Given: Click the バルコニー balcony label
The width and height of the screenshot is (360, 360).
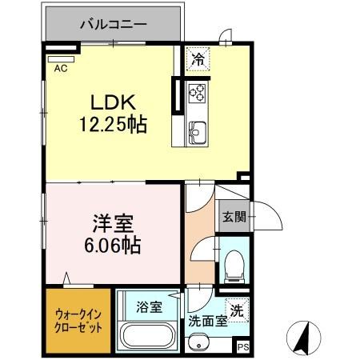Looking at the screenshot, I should tap(113, 25).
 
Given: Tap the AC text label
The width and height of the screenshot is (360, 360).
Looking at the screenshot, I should tap(61, 70).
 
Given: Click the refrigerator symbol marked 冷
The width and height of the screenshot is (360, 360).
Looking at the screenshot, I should tap(198, 58).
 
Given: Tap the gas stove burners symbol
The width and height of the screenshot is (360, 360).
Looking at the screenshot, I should tap(197, 94).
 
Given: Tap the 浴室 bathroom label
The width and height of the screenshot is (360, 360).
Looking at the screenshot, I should tap(149, 306).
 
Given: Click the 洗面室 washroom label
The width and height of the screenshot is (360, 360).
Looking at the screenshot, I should tap(207, 323).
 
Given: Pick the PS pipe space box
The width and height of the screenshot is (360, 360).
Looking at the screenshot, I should tap(243, 346).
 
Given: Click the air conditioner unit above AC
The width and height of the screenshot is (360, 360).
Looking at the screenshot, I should tap(61, 58).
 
